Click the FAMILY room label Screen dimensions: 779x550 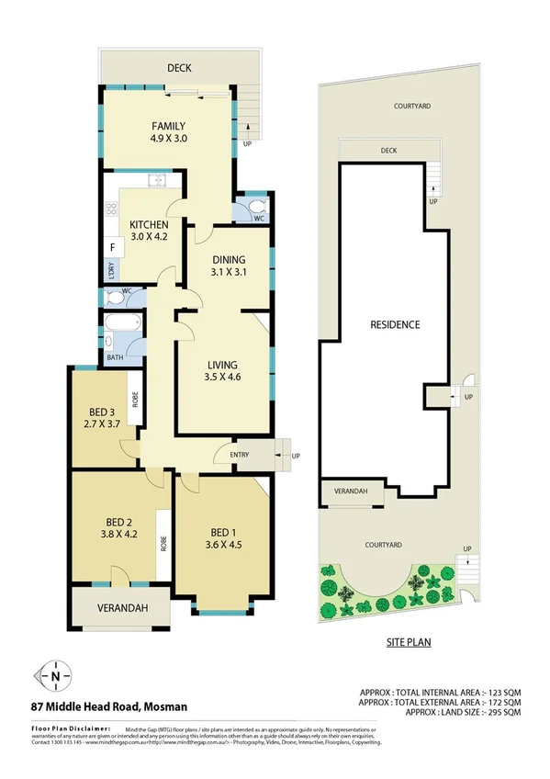pyautogui.click(x=168, y=127)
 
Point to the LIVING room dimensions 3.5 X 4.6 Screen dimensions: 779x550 pyautogui.click(x=223, y=376)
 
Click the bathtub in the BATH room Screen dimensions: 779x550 pyautogui.click(x=119, y=323)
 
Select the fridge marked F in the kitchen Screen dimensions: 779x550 pyautogui.click(x=112, y=247)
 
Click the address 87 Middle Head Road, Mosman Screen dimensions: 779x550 pyautogui.click(x=108, y=706)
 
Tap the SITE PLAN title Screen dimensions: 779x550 pyautogui.click(x=408, y=643)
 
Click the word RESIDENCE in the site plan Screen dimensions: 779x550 pyautogui.click(x=395, y=324)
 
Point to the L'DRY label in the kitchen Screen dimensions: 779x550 pyautogui.click(x=110, y=270)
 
